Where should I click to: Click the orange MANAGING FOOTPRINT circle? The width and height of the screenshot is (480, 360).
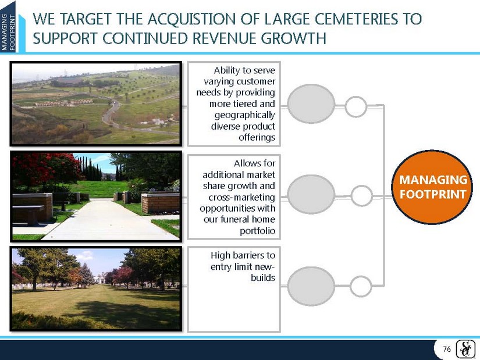432,187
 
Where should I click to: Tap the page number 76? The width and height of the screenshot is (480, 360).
447,349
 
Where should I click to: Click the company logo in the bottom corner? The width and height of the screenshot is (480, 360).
465,349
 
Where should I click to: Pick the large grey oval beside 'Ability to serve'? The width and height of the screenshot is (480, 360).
311,104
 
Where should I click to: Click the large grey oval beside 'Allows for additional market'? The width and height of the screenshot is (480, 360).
311,194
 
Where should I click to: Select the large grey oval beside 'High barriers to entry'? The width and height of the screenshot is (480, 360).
311,286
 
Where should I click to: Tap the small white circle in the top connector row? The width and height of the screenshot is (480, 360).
355,107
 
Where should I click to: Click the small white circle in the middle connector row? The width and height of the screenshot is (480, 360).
361,196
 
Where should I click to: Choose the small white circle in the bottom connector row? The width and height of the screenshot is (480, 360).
361,286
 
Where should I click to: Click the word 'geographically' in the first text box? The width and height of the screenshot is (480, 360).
244,115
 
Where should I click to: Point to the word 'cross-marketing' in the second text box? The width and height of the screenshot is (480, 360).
241,197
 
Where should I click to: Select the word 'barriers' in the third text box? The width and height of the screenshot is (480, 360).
247,255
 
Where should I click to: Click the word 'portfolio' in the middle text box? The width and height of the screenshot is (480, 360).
257,231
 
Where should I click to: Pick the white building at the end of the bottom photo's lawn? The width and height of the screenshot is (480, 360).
100,280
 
